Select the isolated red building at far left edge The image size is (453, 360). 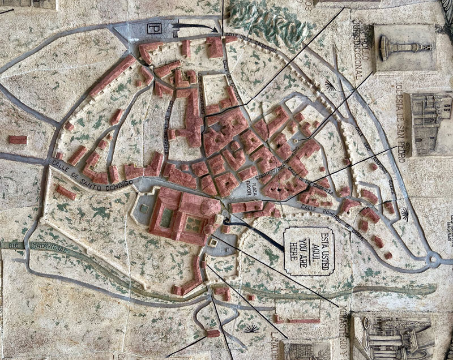tap(18, 139)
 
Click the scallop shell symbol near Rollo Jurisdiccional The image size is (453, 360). tap(330, 86)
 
